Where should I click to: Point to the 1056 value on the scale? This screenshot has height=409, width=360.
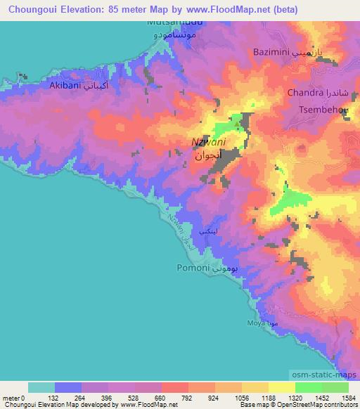click(239, 397)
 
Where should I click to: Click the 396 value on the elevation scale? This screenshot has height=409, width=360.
click(106, 397)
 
